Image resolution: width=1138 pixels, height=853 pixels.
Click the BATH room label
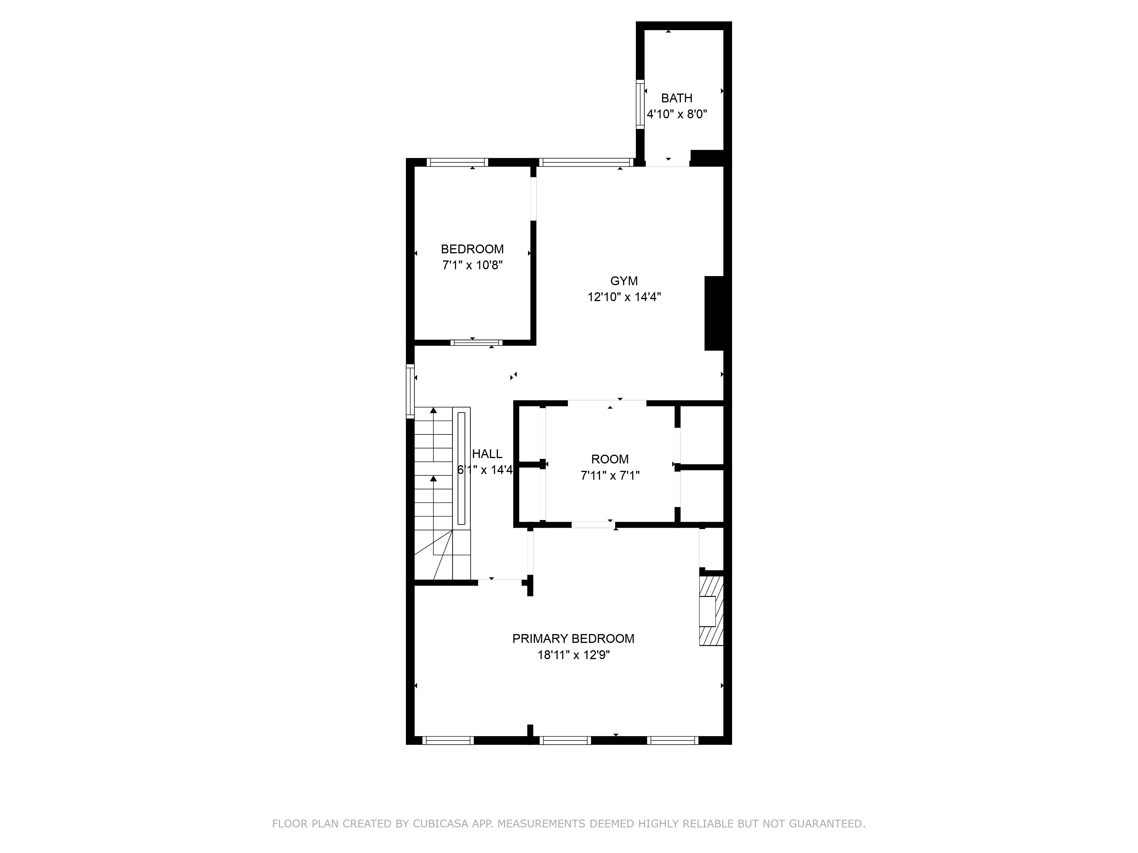(x=677, y=98)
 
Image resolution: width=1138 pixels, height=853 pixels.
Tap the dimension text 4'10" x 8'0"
(x=677, y=114)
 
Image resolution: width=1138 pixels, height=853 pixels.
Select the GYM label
(x=624, y=281)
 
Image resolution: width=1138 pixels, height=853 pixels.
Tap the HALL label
(x=487, y=454)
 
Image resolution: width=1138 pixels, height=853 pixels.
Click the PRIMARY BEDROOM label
(x=573, y=639)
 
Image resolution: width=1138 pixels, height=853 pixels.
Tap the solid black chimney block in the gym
(x=714, y=313)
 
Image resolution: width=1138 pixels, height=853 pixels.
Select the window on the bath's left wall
(x=640, y=104)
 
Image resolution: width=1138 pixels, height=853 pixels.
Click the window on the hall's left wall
(x=410, y=391)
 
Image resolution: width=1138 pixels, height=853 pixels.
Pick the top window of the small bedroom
(x=457, y=162)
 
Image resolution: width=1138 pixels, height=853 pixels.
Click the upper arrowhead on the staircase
(x=433, y=410)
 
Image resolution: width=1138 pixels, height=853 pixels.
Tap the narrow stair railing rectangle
(x=461, y=468)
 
